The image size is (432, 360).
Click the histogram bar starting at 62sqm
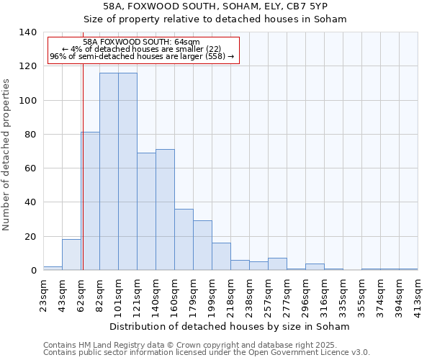pos(90,202)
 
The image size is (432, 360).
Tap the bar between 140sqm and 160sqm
pos(165,210)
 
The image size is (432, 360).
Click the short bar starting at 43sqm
pos(71,255)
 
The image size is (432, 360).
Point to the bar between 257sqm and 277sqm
pos(277,264)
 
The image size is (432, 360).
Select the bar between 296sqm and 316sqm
pos(315,267)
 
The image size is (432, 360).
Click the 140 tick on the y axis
pos(28,32)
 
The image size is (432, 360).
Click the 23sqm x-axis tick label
pos(43,294)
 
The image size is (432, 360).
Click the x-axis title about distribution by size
pos(230,326)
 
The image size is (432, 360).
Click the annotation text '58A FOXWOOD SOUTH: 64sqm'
pos(142,42)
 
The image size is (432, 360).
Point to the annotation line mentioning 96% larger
pos(142,56)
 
